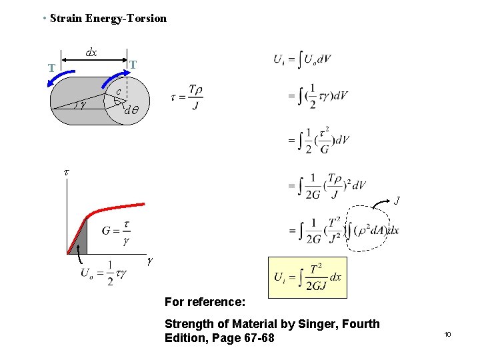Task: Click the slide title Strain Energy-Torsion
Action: pyautogui.click(x=108, y=18)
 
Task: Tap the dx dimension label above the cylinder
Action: pyautogui.click(x=91, y=52)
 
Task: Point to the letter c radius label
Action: pyautogui.click(x=118, y=91)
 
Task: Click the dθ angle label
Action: pyautogui.click(x=131, y=111)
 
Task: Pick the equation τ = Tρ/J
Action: pyautogui.click(x=187, y=97)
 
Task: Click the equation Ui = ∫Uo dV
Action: pyautogui.click(x=302, y=59)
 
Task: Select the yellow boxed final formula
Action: pyautogui.click(x=307, y=277)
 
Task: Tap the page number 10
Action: pyautogui.click(x=448, y=334)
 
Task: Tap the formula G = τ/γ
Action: pyautogui.click(x=116, y=232)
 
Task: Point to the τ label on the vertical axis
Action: pyautogui.click(x=65, y=172)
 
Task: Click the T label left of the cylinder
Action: pyautogui.click(x=51, y=68)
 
